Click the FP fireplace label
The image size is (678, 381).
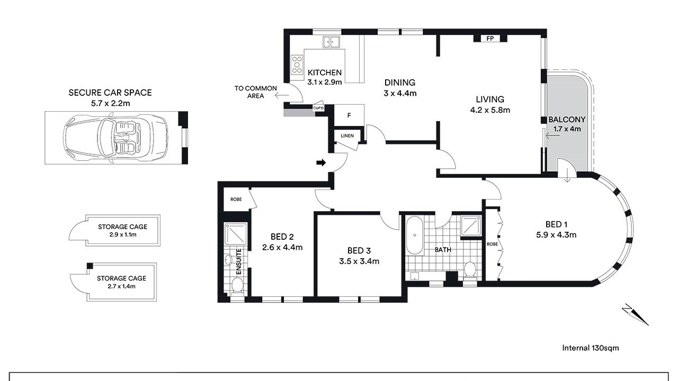[x=490, y=39]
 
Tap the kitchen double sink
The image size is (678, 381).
[x=331, y=42]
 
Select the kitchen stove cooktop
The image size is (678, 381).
[x=297, y=65]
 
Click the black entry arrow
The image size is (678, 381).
[x=321, y=162]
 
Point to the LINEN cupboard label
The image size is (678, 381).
[x=347, y=136]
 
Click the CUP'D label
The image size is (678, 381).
[x=318, y=108]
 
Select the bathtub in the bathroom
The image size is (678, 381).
[x=414, y=235]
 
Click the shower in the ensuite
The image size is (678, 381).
[x=236, y=234]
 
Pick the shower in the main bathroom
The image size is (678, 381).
[x=471, y=225]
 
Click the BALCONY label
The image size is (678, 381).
[x=567, y=120]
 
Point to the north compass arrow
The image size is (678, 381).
[x=635, y=314]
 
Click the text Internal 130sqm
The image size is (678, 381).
[x=590, y=348]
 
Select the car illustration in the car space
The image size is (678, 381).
[x=115, y=138]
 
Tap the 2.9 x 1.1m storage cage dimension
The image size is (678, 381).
[x=123, y=234]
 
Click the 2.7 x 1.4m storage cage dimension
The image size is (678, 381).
[x=121, y=286]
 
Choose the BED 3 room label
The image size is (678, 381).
[x=359, y=251]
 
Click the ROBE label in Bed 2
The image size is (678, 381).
[x=236, y=199]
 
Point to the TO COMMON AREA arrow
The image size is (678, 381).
[x=282, y=96]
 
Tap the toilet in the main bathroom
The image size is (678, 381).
[x=470, y=269]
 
